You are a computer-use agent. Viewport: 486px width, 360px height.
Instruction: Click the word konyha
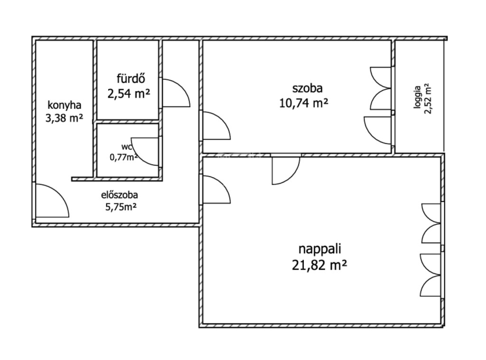(x=65, y=105)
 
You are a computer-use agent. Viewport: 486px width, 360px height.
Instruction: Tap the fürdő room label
(x=131, y=78)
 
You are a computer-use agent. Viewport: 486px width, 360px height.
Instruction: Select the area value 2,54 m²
(x=129, y=93)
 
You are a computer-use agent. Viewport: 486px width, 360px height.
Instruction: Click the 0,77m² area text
(x=124, y=157)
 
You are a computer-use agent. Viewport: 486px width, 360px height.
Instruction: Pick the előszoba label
(x=120, y=195)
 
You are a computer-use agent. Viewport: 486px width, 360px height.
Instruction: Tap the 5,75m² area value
(x=121, y=207)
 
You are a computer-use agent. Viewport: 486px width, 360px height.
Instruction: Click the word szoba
(x=308, y=88)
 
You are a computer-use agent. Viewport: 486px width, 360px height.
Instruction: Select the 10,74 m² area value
(x=304, y=103)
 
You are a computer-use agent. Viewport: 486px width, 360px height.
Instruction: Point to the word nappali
(x=319, y=249)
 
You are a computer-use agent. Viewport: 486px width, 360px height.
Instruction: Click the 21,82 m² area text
(x=319, y=265)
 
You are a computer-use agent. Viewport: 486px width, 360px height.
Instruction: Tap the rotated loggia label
(x=417, y=97)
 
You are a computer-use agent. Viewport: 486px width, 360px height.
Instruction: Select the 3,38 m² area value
(x=64, y=118)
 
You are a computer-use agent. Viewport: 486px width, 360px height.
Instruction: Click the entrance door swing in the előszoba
(x=59, y=195)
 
